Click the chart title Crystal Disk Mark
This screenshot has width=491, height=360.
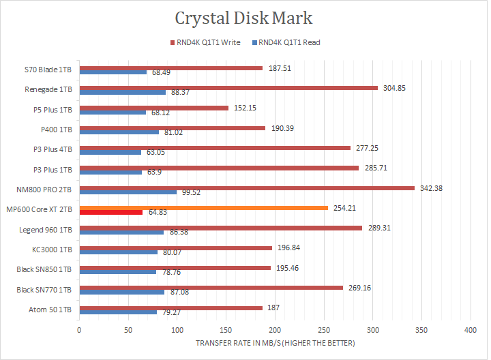click(244, 18)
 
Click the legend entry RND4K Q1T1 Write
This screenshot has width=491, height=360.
click(209, 42)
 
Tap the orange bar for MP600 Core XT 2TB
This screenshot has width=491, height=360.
click(203, 208)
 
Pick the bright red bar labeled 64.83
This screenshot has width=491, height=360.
click(111, 213)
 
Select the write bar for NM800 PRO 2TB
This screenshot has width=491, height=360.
click(247, 188)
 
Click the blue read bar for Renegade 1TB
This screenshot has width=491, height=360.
click(123, 92)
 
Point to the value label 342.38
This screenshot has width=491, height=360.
click(430, 188)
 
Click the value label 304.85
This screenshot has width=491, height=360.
click(393, 88)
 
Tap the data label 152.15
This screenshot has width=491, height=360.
click(244, 108)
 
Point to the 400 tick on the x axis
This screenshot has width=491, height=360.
click(470, 331)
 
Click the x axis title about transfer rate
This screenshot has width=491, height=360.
click(275, 343)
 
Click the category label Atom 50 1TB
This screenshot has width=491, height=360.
click(53, 310)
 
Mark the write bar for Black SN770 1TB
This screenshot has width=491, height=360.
click(211, 288)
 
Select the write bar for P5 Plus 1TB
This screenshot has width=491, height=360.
click(154, 108)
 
